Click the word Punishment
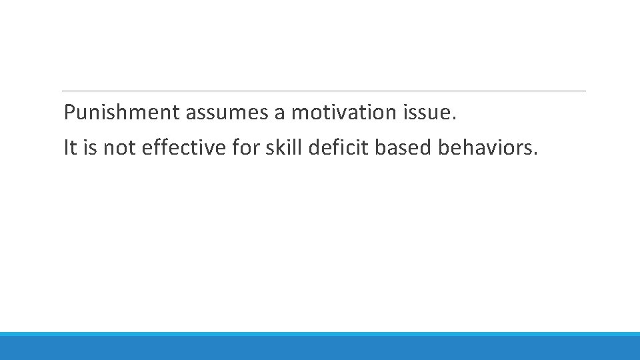[122, 113]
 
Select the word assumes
[227, 113]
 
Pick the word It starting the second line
[70, 148]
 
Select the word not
[119, 148]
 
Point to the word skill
[281, 148]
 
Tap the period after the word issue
[455, 120]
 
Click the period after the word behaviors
[534, 155]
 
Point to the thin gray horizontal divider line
[323, 91]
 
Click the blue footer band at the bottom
[320, 347]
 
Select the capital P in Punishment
[70, 113]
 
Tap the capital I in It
[66, 148]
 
